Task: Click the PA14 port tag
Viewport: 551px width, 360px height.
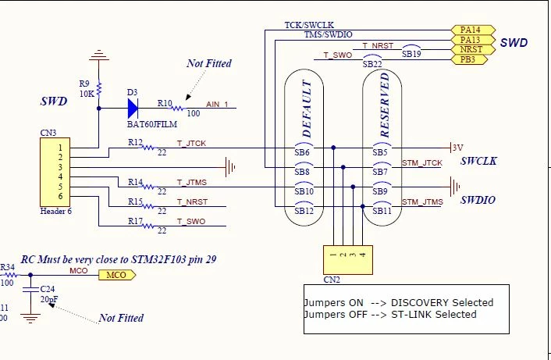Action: point(473,30)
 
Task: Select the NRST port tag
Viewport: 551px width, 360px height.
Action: point(473,49)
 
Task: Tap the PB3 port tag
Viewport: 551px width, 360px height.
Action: point(469,59)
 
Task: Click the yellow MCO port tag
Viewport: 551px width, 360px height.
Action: point(117,275)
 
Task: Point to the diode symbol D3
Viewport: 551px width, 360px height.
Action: point(133,109)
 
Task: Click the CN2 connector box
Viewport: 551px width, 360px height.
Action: point(348,260)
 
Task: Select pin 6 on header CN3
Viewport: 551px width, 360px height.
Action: point(60,196)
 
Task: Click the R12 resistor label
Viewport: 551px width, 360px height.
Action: point(135,142)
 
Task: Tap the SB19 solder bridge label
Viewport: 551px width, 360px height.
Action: point(411,54)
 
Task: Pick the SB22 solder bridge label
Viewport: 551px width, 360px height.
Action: point(372,64)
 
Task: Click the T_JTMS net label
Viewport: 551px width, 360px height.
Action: point(192,183)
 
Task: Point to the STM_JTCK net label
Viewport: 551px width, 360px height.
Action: point(422,163)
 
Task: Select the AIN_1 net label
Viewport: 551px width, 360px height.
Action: point(217,105)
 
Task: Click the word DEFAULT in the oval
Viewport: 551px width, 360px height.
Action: point(307,109)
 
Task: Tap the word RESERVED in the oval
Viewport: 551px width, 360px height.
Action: point(385,105)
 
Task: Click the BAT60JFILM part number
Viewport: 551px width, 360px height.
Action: point(152,124)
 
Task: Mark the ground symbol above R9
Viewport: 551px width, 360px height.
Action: point(99,55)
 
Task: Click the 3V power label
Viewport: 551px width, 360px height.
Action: point(457,148)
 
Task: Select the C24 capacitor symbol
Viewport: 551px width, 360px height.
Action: point(30,290)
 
